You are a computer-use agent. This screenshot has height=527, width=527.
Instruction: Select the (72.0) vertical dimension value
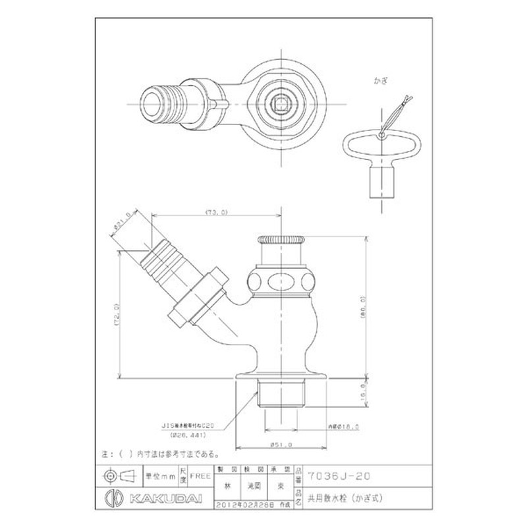pos(117,315)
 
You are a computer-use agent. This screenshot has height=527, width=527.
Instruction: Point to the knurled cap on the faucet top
pos(281,239)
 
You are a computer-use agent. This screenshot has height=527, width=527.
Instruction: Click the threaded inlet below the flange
pos(281,394)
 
